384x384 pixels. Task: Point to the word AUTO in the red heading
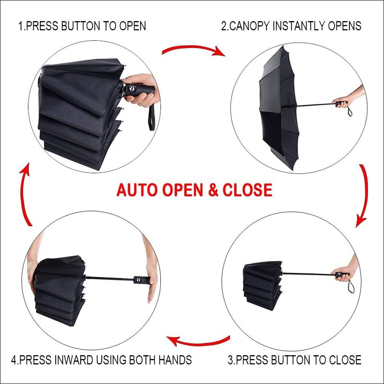coord(136,190)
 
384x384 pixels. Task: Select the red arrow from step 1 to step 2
coord(193,49)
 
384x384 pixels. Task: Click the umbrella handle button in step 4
coord(138,279)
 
